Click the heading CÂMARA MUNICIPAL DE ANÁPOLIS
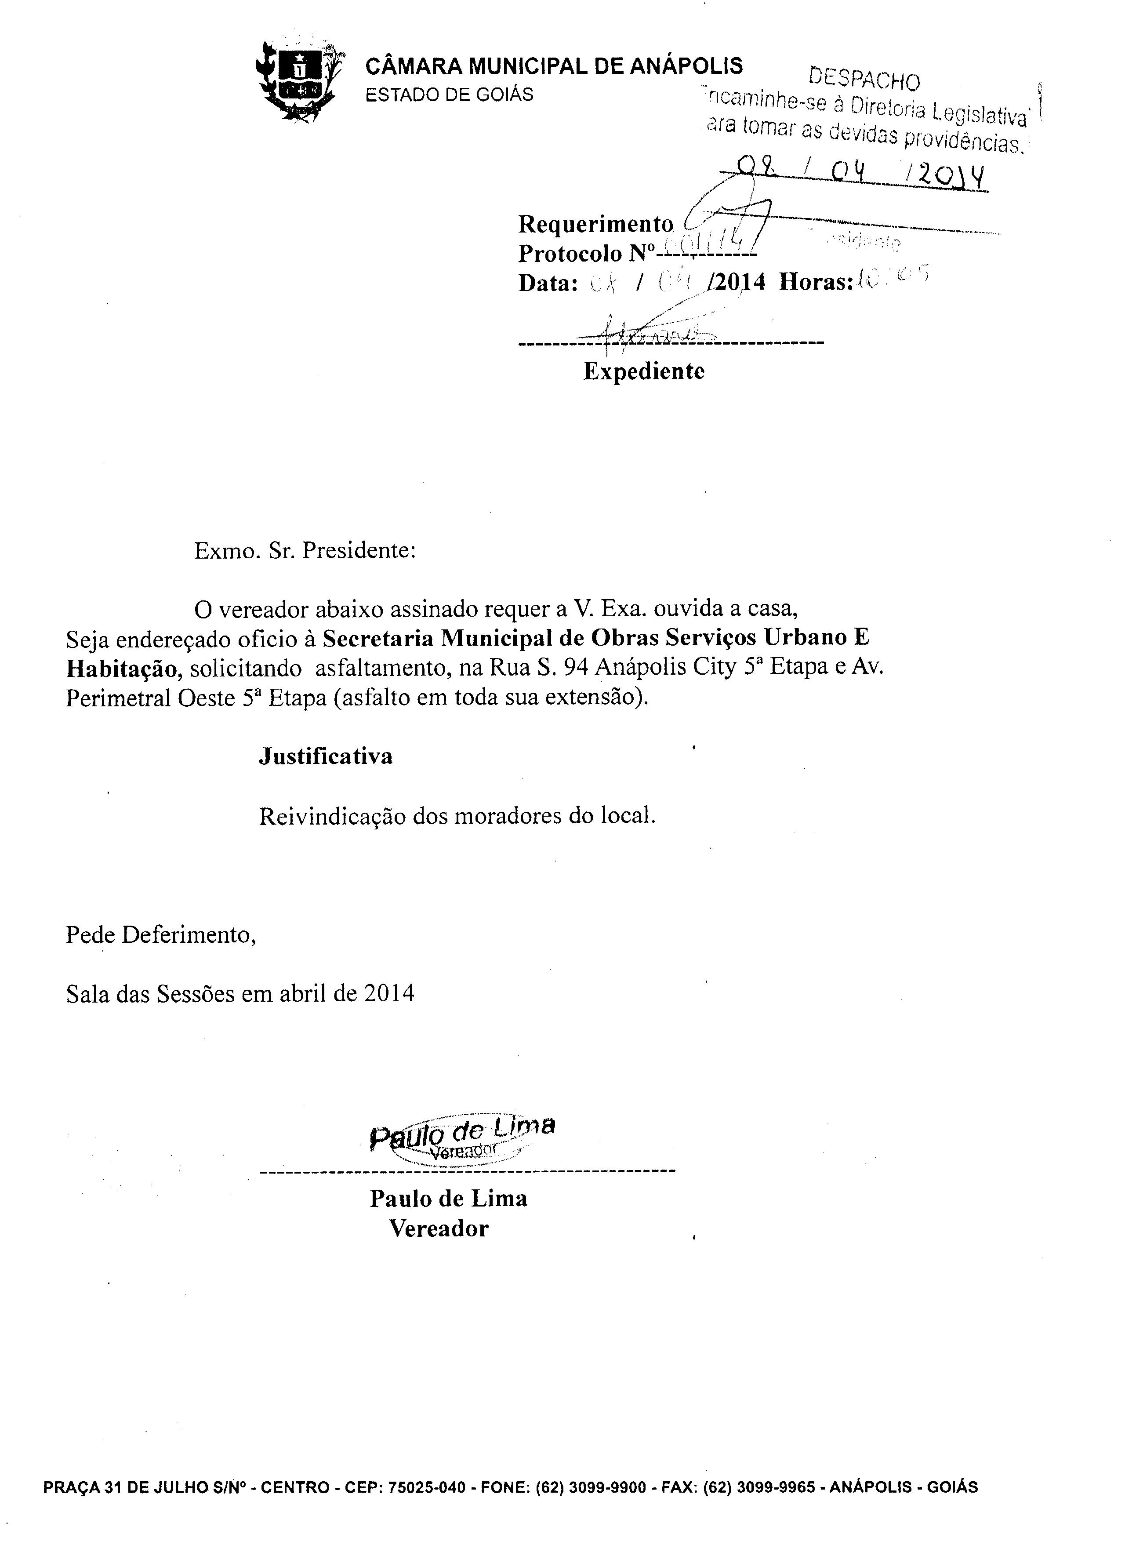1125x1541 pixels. pyautogui.click(x=554, y=66)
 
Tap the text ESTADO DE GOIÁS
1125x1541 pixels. pyautogui.click(x=450, y=94)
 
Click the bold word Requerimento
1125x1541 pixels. pyautogui.click(x=595, y=223)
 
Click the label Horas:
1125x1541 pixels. pyautogui.click(x=816, y=282)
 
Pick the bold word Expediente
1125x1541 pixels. pyautogui.click(x=643, y=371)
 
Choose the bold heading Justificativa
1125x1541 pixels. pyautogui.click(x=326, y=756)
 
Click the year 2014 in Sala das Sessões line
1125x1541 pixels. pyautogui.click(x=389, y=993)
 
